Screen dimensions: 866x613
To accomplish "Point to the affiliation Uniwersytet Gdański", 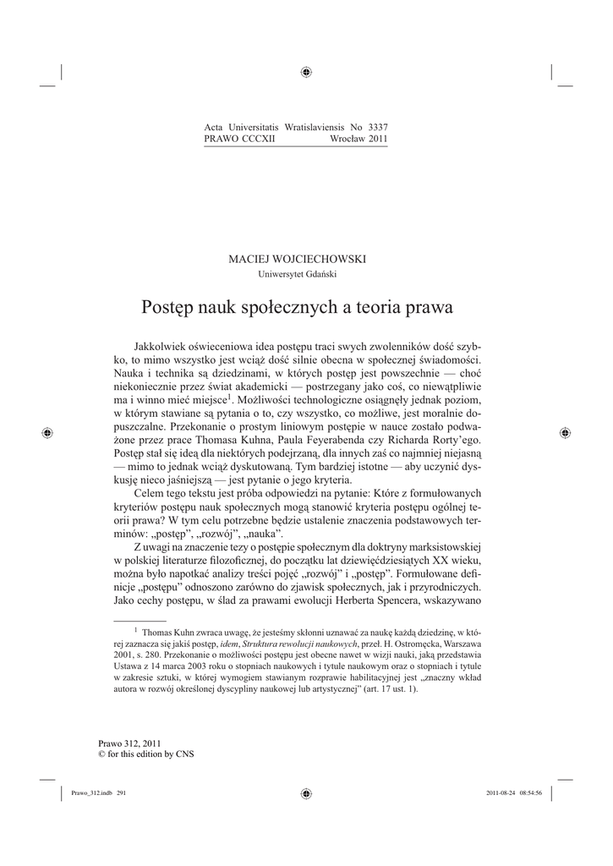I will tap(306, 273).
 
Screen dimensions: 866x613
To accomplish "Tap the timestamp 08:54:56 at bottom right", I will tap(537, 792).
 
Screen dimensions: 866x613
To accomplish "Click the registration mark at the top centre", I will tap(306, 73).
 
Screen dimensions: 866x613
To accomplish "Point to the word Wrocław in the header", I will tap(346, 138).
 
